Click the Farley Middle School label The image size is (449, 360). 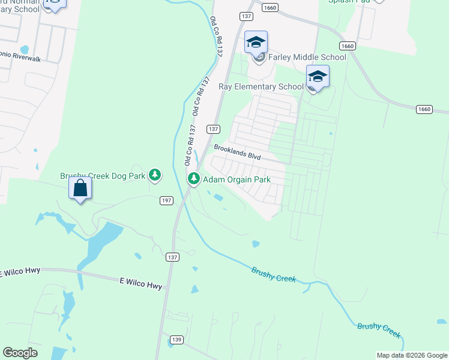tap(307, 57)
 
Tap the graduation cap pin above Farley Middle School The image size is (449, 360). tap(256, 42)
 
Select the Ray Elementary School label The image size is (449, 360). tap(261, 86)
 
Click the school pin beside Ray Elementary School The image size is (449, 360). tap(318, 76)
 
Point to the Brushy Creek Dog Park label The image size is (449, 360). tap(103, 176)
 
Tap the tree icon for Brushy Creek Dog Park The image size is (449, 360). tap(155, 175)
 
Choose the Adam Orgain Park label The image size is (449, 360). tap(237, 179)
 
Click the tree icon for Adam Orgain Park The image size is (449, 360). tap(194, 179)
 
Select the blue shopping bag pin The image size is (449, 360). tap(80, 188)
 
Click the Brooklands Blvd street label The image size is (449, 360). tap(237, 152)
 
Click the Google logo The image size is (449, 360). tap(20, 353)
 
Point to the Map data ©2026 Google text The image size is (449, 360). tap(412, 355)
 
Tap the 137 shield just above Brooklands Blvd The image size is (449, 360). tap(212, 129)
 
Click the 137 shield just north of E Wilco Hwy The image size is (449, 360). tap(173, 257)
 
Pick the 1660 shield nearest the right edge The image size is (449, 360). tap(424, 109)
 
